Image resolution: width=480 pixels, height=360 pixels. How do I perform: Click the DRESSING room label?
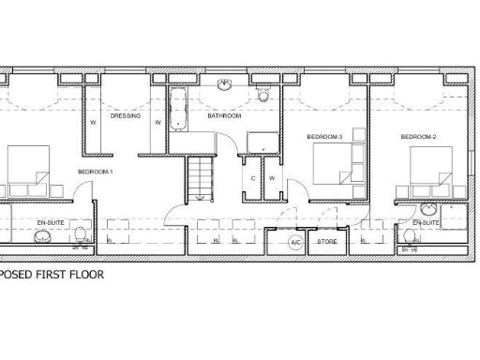125,117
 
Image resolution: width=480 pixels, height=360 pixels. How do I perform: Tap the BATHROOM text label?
225,117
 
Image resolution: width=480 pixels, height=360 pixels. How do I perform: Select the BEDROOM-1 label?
95,172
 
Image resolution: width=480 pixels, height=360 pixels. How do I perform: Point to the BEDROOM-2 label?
419,137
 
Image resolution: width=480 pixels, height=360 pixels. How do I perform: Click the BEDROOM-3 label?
325,137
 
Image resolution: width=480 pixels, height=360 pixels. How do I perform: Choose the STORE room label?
327,242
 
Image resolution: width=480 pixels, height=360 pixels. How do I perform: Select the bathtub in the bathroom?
177,111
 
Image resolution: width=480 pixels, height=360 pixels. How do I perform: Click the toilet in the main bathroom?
264,94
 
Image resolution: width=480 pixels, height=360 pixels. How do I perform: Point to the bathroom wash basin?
225,85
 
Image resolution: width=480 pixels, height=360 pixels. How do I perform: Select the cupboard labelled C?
254,177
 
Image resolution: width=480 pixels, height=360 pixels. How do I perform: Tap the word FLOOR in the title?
82,277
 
